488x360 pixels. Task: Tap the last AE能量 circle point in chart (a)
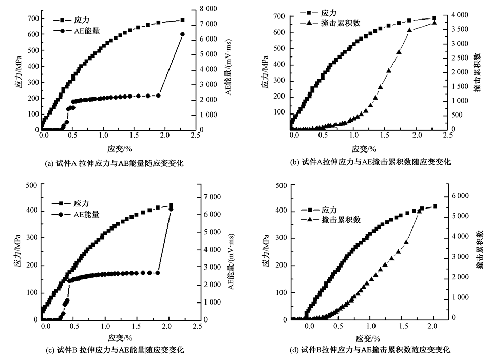[x=183, y=34]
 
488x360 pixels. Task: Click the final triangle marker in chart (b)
[x=434, y=23]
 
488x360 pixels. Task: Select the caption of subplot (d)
[x=370, y=350]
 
